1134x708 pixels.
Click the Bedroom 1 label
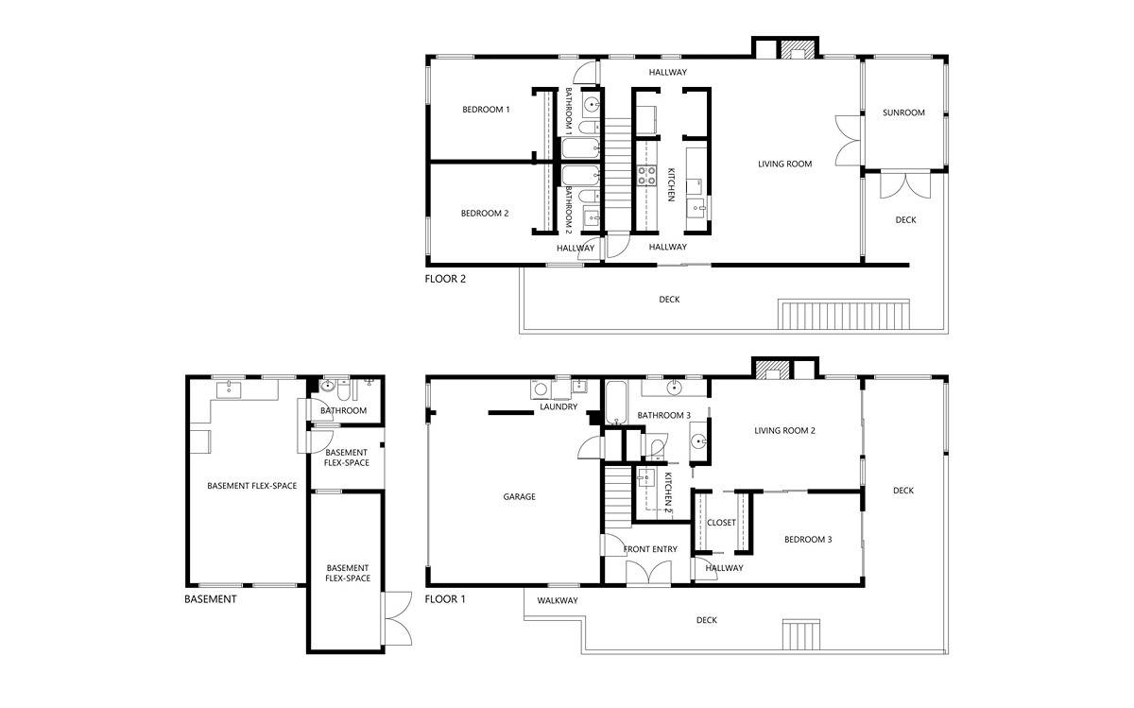click(x=485, y=110)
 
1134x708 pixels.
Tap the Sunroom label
click(x=903, y=112)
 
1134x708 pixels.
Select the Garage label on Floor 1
click(x=519, y=496)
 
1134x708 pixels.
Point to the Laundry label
click(x=558, y=407)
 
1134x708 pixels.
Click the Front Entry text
click(x=650, y=548)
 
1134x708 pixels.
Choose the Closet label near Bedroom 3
click(x=721, y=522)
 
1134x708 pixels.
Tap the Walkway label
click(x=558, y=600)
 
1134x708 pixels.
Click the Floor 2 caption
click(x=445, y=279)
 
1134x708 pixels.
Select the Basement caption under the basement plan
click(x=210, y=599)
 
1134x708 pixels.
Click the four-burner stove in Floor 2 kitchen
click(x=647, y=175)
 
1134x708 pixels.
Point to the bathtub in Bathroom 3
click(x=616, y=402)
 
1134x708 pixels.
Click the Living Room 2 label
click(x=784, y=431)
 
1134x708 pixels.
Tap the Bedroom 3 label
click(x=808, y=540)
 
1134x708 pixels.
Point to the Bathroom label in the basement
click(x=343, y=411)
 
